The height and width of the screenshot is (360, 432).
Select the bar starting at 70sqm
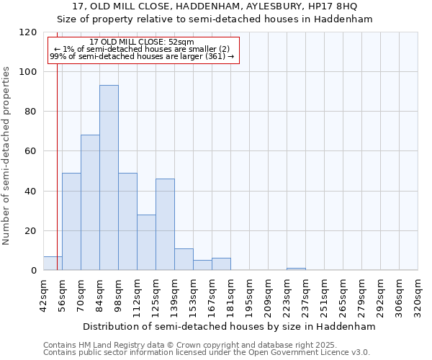pyautogui.click(x=90, y=202)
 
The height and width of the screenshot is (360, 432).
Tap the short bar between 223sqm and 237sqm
pyautogui.click(x=296, y=269)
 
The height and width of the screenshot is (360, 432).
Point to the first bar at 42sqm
pyautogui.click(x=53, y=264)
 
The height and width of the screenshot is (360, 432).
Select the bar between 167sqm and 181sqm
pyautogui.click(x=221, y=264)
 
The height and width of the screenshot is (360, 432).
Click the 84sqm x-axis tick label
pyautogui.click(x=99, y=293)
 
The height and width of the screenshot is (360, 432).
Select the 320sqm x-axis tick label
pyautogui.click(x=418, y=295)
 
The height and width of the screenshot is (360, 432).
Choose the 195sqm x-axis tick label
pyautogui.click(x=249, y=295)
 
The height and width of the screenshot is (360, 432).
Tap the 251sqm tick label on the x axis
pyautogui.click(x=324, y=295)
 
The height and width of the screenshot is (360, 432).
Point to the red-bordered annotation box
pyautogui.click(x=142, y=50)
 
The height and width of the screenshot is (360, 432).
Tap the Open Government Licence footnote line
pyautogui.click(x=207, y=353)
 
